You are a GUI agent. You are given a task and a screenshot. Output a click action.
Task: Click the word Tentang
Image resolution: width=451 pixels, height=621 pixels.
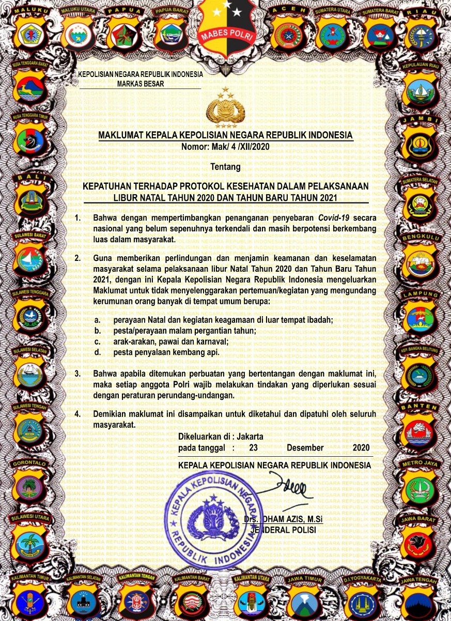pos(226,167)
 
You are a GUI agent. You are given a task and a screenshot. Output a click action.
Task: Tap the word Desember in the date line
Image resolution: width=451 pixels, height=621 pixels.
pos(305,447)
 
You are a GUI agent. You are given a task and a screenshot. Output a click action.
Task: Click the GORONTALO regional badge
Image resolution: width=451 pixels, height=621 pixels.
pos(30,483)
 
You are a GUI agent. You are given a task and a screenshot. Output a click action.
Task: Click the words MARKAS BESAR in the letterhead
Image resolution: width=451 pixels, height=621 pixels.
pos(141,83)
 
